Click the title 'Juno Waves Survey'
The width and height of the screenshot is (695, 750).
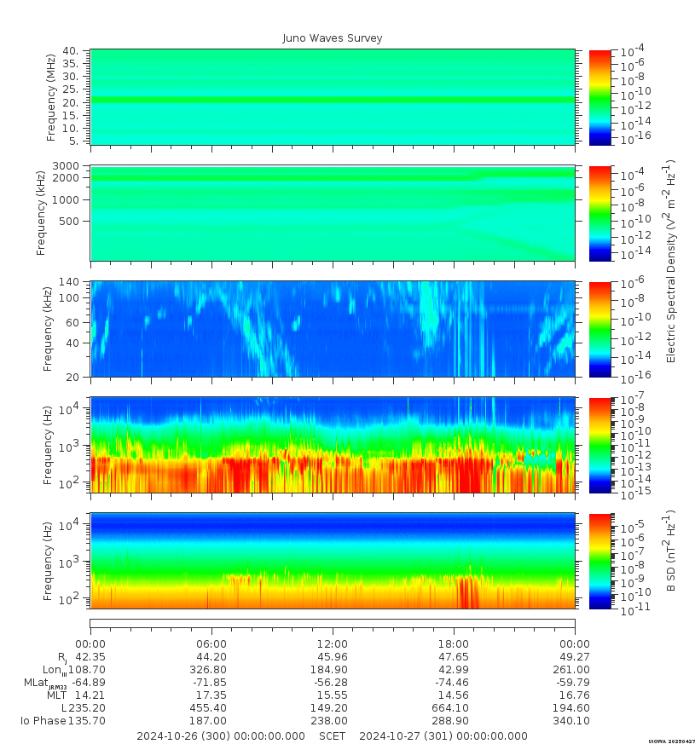(x=333, y=38)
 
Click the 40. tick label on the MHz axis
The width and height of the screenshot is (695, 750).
(x=71, y=51)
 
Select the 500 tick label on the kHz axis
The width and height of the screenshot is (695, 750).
(x=70, y=221)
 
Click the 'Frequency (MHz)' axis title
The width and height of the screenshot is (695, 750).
(x=51, y=96)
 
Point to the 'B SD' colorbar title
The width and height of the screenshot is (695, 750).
(x=670, y=551)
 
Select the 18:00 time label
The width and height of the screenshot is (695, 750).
(x=454, y=644)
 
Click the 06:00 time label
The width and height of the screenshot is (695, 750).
(x=211, y=644)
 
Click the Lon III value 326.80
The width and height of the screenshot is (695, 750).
(x=211, y=670)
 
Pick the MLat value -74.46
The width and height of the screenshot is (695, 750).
(x=454, y=683)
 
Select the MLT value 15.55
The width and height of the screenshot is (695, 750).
(x=333, y=695)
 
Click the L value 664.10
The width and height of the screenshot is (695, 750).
(x=454, y=708)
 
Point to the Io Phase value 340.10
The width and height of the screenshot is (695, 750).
(x=575, y=721)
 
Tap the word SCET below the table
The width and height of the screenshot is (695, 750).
(x=333, y=736)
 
